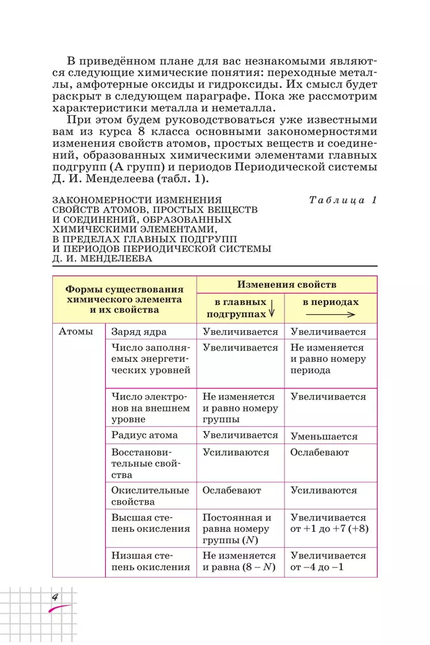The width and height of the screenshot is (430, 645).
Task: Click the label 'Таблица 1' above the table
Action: point(342,200)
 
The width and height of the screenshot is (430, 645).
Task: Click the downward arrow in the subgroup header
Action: point(272,309)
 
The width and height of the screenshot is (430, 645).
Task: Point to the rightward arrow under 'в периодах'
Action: point(331,314)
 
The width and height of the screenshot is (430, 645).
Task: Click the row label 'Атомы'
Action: point(75,331)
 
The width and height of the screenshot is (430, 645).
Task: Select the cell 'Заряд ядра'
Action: point(139,331)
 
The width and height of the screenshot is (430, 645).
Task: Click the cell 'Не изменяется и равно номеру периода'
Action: point(327,359)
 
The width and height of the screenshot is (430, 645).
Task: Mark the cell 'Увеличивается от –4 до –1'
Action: point(328,562)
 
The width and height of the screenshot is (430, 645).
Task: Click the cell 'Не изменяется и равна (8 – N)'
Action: point(239,562)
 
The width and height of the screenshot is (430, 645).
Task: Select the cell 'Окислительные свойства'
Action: point(150,496)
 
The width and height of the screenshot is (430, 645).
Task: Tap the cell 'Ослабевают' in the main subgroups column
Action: point(232,490)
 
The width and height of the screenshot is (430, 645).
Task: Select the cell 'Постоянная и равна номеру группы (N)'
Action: point(237,529)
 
